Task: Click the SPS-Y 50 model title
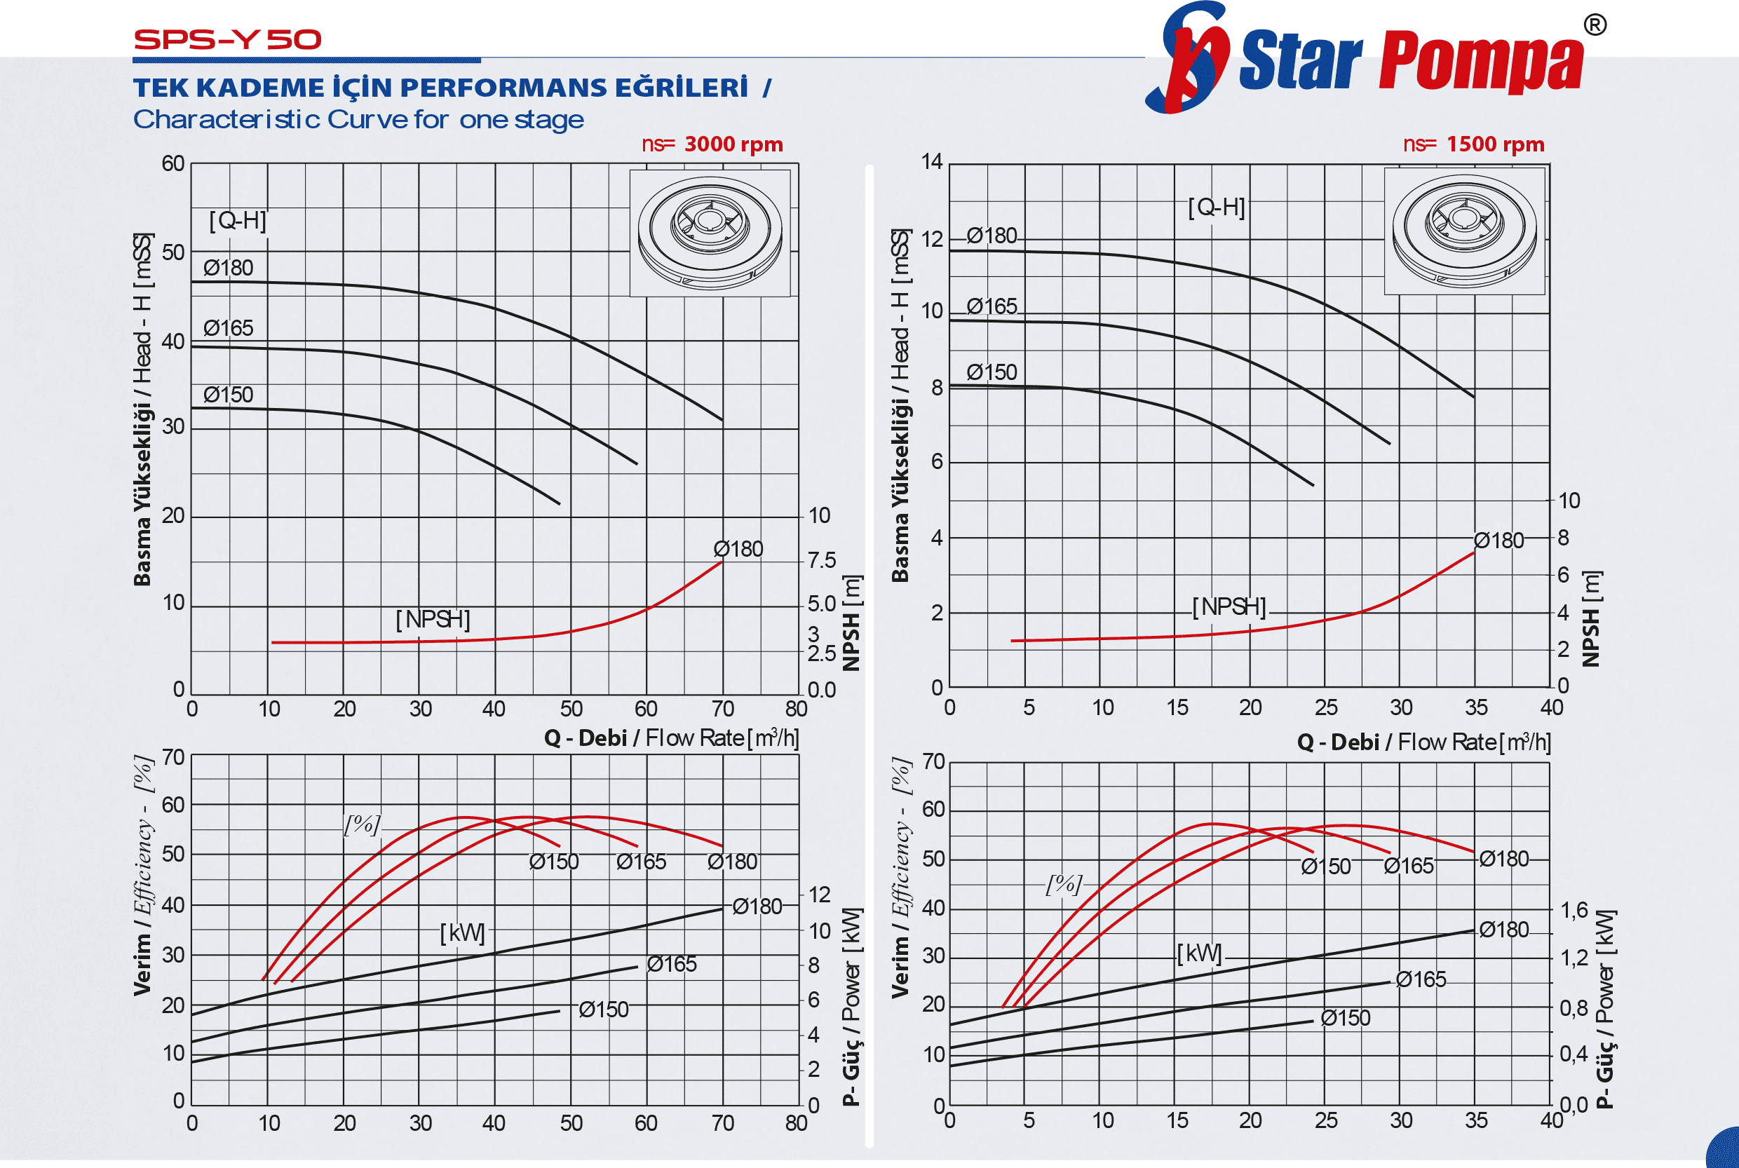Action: [227, 39]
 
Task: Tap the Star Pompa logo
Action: [1371, 60]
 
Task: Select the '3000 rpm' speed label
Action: [733, 144]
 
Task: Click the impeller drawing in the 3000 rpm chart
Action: [710, 233]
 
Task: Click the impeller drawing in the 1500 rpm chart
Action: [1464, 231]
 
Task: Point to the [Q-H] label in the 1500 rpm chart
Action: [1216, 207]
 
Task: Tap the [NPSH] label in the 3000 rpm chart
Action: [433, 619]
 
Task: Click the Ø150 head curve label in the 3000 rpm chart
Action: [228, 395]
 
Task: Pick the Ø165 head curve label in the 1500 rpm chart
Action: [991, 306]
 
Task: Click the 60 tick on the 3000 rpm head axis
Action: [173, 164]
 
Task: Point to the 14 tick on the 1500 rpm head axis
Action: [931, 162]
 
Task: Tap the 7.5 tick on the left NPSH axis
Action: [821, 560]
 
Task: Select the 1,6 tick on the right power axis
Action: [1574, 909]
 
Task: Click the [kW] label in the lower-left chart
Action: [462, 932]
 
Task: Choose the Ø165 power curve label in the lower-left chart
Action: [671, 964]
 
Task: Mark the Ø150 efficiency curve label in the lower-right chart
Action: [1325, 867]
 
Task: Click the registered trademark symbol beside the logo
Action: [1595, 25]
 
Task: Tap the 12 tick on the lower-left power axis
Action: [819, 895]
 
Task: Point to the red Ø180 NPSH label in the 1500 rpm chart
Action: [1498, 541]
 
